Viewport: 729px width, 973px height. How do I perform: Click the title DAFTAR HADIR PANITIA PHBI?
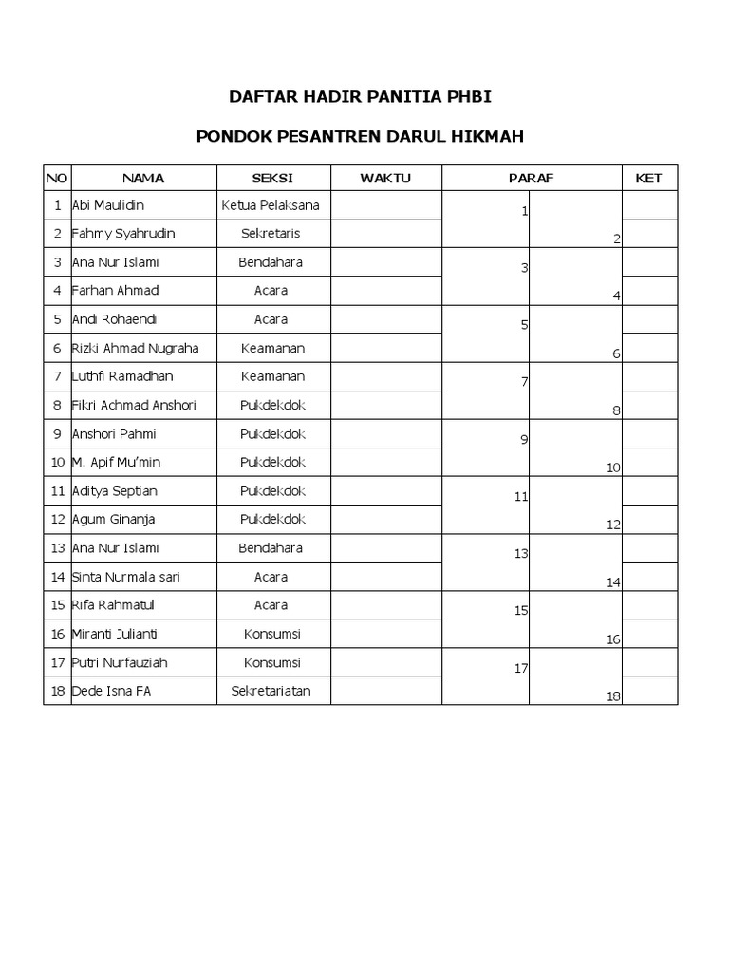[x=360, y=96]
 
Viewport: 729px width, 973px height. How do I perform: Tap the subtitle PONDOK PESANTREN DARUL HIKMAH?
[x=360, y=136]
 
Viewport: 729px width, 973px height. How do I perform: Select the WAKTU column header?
[x=385, y=178]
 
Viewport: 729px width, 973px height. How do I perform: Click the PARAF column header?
[x=531, y=178]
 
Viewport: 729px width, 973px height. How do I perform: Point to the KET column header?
[x=648, y=178]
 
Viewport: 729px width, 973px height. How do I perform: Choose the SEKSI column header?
[x=271, y=178]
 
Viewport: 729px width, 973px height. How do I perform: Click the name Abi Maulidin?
[x=108, y=205]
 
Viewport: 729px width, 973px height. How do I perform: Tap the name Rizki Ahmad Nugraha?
[x=135, y=348]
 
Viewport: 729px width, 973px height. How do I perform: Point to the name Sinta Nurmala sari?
[x=126, y=577]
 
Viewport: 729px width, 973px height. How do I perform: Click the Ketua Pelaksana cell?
[x=271, y=205]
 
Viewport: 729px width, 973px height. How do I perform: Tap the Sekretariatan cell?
[x=271, y=691]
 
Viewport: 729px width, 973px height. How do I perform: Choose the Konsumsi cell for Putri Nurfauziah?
[x=271, y=662]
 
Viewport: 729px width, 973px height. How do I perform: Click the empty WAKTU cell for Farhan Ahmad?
[x=385, y=291]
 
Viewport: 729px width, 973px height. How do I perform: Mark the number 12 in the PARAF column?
[x=613, y=525]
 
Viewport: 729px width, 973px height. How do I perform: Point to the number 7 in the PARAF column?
[x=524, y=382]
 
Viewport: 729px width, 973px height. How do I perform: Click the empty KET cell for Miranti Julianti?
[x=649, y=634]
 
